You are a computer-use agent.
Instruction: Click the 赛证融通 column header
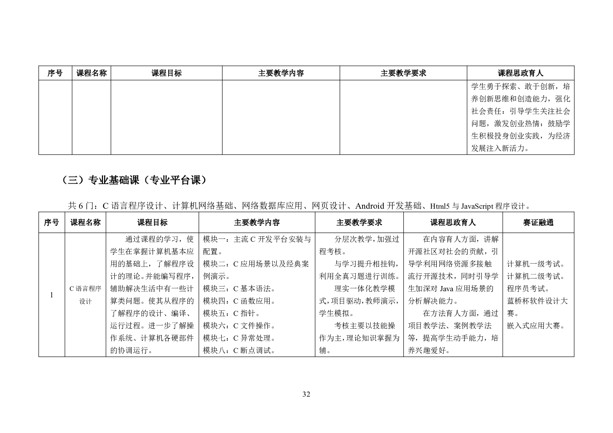(x=538, y=222)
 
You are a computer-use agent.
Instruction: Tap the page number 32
(x=306, y=394)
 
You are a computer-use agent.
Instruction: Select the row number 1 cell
(x=52, y=295)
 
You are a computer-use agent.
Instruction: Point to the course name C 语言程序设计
(x=85, y=295)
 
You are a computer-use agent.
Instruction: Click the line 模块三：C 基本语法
(x=239, y=289)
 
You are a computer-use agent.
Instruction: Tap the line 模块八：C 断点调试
(x=239, y=350)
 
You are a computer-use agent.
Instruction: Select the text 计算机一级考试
(x=536, y=264)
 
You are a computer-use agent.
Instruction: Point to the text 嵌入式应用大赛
(x=536, y=326)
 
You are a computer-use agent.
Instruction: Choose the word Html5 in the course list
(x=440, y=207)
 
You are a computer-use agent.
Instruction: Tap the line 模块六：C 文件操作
(x=239, y=326)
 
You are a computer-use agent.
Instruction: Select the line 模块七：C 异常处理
(x=239, y=338)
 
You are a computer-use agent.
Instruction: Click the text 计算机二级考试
(x=536, y=276)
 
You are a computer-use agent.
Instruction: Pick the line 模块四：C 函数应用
(x=239, y=301)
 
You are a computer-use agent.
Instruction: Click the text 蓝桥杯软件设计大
(x=537, y=301)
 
